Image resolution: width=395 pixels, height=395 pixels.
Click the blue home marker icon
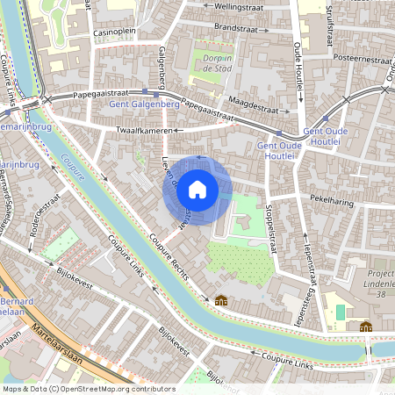(x=197, y=189)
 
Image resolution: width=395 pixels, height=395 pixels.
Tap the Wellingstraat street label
(x=232, y=6)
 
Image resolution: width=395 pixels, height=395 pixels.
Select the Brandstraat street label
(x=233, y=27)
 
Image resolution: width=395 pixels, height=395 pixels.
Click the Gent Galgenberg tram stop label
(x=144, y=104)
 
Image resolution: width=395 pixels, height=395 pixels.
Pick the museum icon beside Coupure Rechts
(x=221, y=300)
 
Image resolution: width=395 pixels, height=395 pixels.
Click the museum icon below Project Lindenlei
(x=365, y=327)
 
